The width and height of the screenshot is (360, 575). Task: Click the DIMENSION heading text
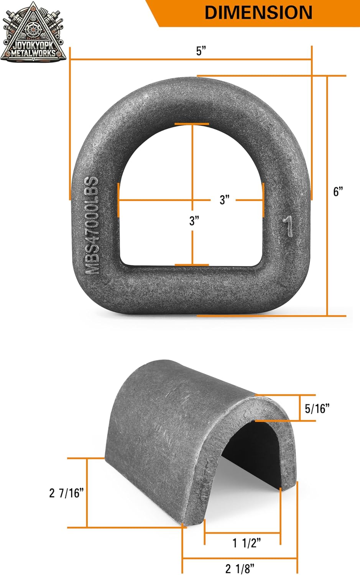pyautogui.click(x=258, y=12)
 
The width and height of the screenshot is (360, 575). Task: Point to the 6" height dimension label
pyautogui.click(x=338, y=192)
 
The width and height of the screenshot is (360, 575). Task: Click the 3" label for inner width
pyautogui.click(x=225, y=200)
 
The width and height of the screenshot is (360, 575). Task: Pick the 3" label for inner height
pyautogui.click(x=194, y=221)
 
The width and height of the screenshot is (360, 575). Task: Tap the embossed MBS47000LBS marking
pyautogui.click(x=92, y=225)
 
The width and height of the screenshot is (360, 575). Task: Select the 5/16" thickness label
pyautogui.click(x=317, y=409)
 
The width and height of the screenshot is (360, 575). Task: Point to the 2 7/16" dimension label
pyautogui.click(x=66, y=493)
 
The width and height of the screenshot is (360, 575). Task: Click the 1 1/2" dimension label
pyautogui.click(x=247, y=543)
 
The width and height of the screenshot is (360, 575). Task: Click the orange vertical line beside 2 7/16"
pyautogui.click(x=87, y=493)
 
